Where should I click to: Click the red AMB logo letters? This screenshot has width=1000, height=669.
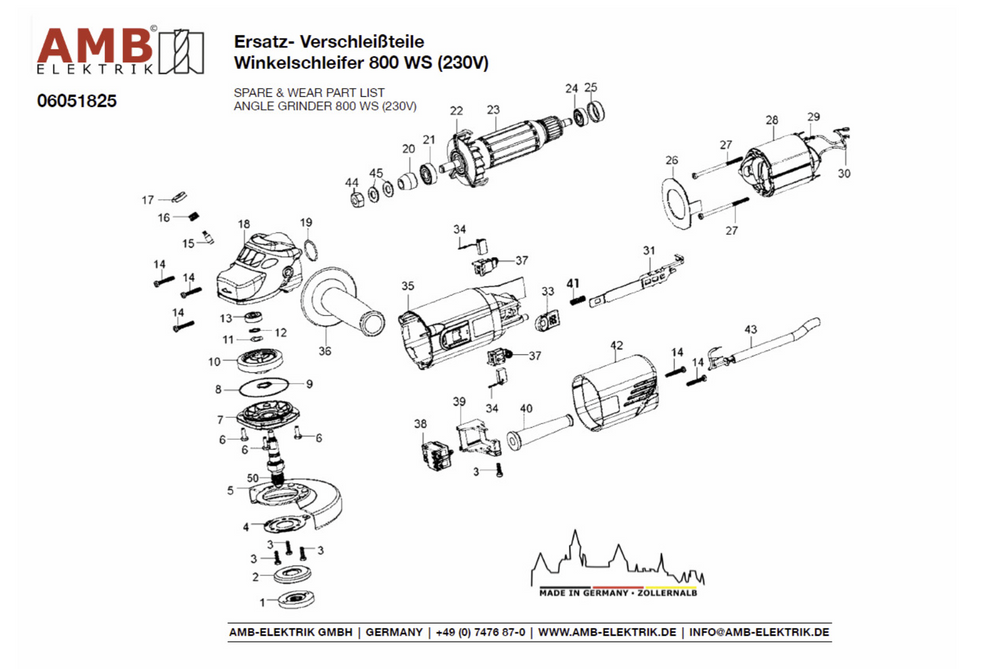pos(95,45)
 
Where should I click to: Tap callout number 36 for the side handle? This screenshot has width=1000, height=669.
pos(324,351)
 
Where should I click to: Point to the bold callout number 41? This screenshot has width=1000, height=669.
pos(574,284)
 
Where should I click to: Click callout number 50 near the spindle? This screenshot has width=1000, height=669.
pos(253,477)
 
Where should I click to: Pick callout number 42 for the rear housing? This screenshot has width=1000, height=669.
pos(617,345)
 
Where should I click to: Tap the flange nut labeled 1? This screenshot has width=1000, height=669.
pos(296,600)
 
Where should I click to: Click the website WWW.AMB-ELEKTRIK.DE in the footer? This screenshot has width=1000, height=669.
pos(609,633)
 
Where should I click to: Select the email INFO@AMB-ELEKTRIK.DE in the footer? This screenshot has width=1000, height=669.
pos(760,633)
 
